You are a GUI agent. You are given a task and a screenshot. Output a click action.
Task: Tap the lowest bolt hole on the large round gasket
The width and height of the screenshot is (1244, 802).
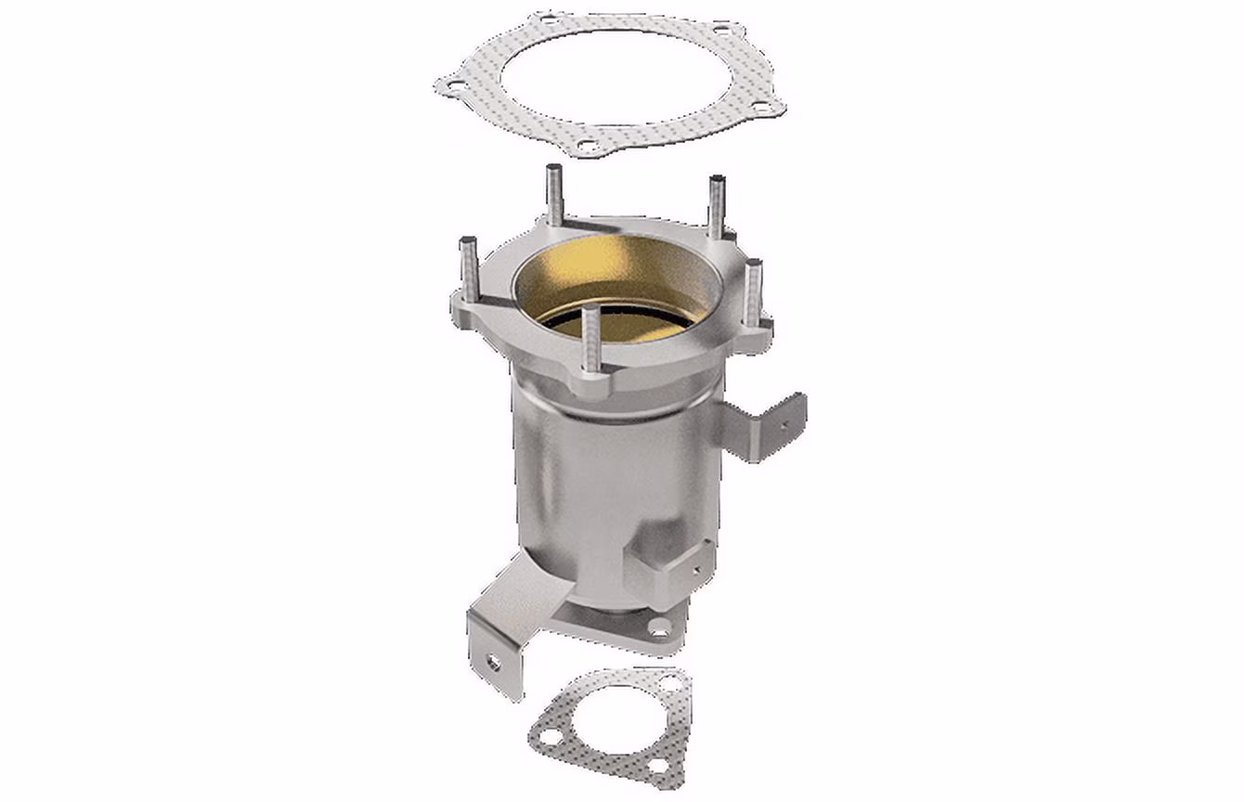tap(586, 144)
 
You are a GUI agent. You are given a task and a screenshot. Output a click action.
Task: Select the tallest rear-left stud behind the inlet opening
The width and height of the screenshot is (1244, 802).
tap(554, 195)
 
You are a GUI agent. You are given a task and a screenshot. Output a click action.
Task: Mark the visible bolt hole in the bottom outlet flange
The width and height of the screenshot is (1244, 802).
tap(660, 633)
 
